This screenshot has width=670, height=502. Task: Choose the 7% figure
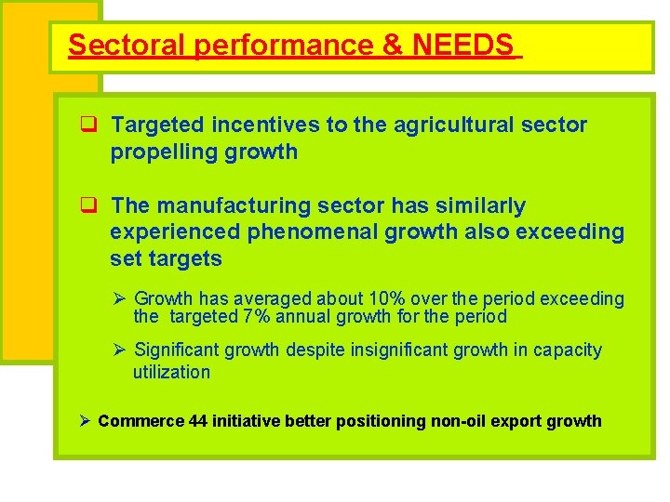[257, 316]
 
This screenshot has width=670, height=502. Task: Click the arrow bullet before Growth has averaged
[119, 298]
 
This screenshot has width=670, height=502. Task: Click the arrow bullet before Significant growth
[119, 350]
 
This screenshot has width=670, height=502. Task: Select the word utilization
[171, 372]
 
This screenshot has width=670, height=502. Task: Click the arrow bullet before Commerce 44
[85, 421]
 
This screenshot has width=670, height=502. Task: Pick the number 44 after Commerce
[197, 421]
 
